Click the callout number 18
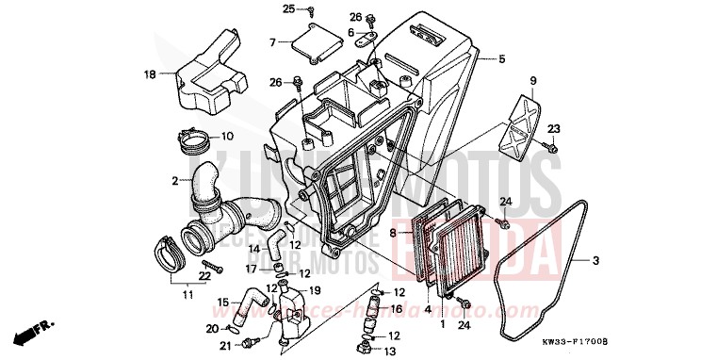(149, 74)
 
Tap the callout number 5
(501, 59)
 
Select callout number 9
(532, 80)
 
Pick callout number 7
(272, 43)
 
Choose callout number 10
(227, 135)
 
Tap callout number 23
(554, 128)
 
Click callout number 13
(389, 352)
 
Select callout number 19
(315, 290)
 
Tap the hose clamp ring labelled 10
(196, 144)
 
